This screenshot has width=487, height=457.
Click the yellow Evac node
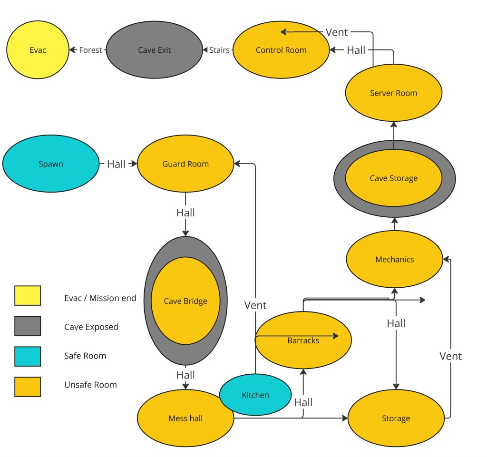pyautogui.click(x=38, y=50)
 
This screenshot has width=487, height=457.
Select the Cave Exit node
pyautogui.click(x=154, y=50)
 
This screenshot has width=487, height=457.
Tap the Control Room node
pyautogui.click(x=281, y=50)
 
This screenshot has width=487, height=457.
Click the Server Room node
pyautogui.click(x=393, y=93)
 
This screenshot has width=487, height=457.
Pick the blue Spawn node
pyautogui.click(x=50, y=164)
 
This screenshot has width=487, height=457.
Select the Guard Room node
pyautogui.click(x=185, y=164)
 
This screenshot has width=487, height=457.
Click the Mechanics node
pyautogui.click(x=394, y=260)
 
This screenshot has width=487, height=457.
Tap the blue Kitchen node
pyautogui.click(x=255, y=395)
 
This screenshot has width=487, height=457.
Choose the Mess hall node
pyautogui.click(x=185, y=418)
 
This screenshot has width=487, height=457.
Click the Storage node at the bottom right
pyautogui.click(x=396, y=418)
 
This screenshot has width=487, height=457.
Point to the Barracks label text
pyautogui.click(x=303, y=340)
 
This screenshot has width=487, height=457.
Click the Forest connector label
pyautogui.click(x=90, y=50)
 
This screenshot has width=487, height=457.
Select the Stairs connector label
pyautogui.click(x=219, y=50)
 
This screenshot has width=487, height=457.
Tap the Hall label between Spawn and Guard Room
pyautogui.click(x=116, y=164)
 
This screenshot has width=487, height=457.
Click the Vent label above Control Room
pyautogui.click(x=337, y=32)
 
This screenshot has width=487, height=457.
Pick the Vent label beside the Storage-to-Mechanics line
pyautogui.click(x=450, y=356)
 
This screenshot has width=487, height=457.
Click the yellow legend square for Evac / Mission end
pyautogui.click(x=28, y=295)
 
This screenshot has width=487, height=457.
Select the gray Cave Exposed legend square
pyautogui.click(x=28, y=326)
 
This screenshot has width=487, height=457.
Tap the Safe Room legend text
pyautogui.click(x=85, y=356)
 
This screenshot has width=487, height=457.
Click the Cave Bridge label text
pyautogui.click(x=185, y=301)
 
